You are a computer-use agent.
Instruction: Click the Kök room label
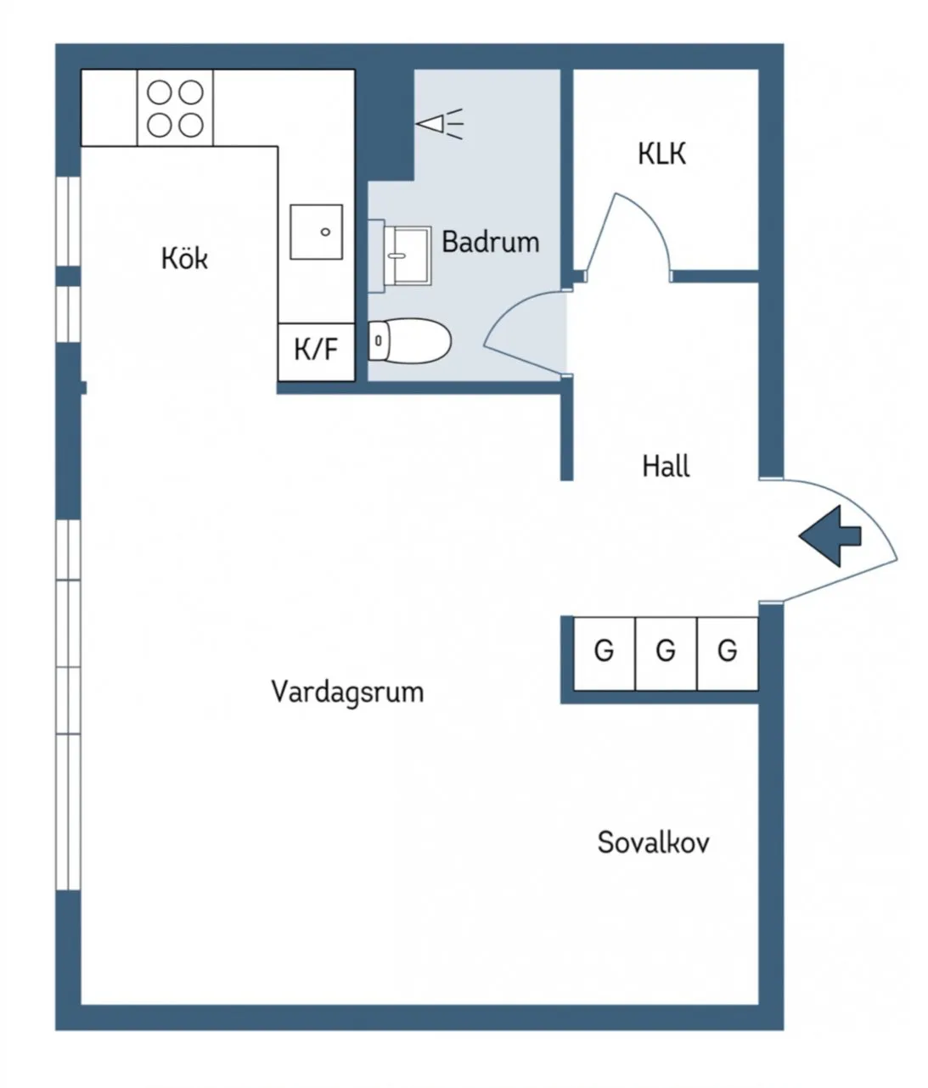click(184, 258)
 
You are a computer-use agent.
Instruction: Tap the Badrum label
click(491, 242)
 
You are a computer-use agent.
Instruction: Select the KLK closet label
click(661, 154)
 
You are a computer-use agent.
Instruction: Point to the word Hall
click(666, 466)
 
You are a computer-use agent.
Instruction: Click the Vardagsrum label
click(347, 692)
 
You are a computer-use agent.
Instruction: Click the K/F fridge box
click(316, 351)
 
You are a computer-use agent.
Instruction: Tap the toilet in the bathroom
click(409, 340)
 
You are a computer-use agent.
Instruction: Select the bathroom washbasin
click(408, 255)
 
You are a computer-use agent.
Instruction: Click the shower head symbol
click(439, 124)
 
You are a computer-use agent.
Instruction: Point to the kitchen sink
click(317, 232)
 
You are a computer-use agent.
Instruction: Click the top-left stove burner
click(159, 93)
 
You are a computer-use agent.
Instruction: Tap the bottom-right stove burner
click(191, 126)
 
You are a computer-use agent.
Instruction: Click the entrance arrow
click(830, 536)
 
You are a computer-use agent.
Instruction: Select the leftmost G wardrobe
click(605, 653)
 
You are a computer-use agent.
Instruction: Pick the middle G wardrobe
click(666, 653)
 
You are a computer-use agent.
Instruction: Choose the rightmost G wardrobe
click(728, 653)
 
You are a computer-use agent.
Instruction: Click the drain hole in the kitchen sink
click(325, 232)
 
